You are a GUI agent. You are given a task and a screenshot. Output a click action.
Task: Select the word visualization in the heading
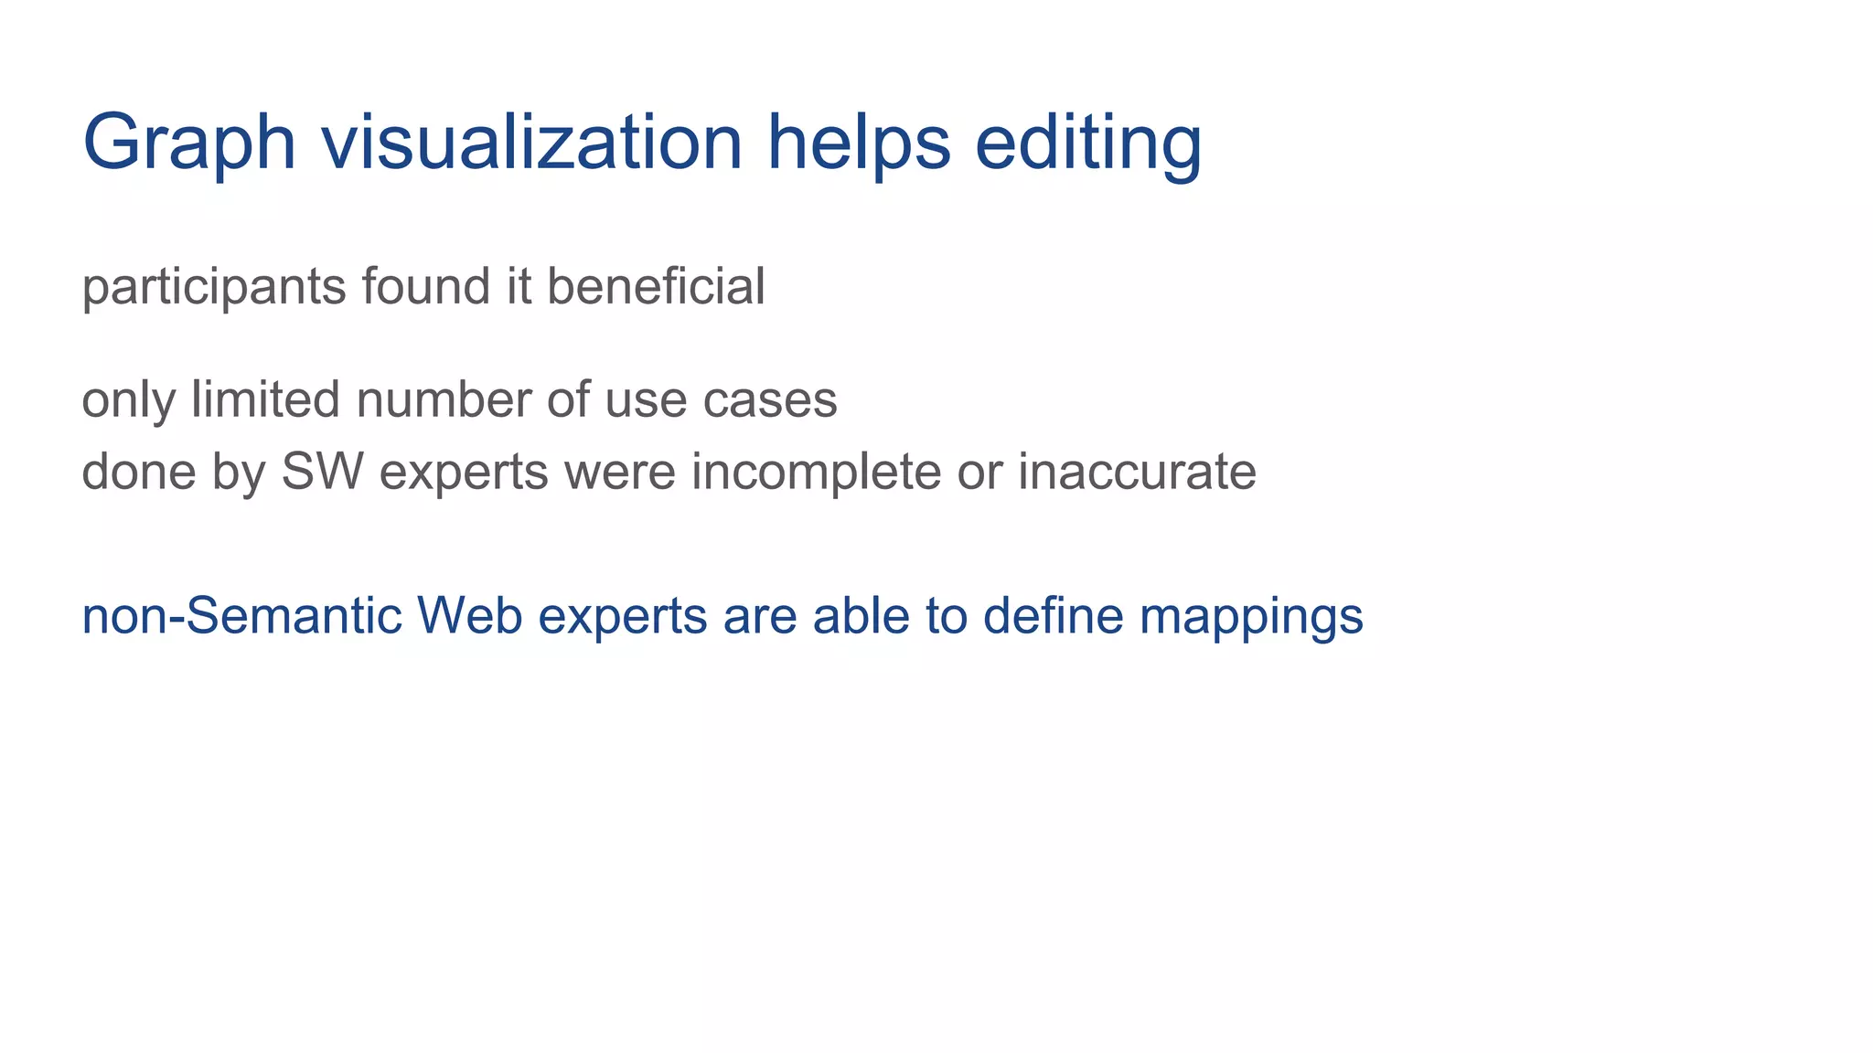(531, 142)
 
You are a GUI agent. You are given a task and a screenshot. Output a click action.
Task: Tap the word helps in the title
(859, 142)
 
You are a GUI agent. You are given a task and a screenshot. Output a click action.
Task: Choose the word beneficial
(656, 286)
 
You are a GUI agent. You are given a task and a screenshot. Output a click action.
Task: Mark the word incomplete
(816, 473)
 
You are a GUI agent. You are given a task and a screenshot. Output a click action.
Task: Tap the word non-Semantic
(242, 615)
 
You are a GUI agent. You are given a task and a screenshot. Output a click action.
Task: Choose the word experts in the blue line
(623, 617)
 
